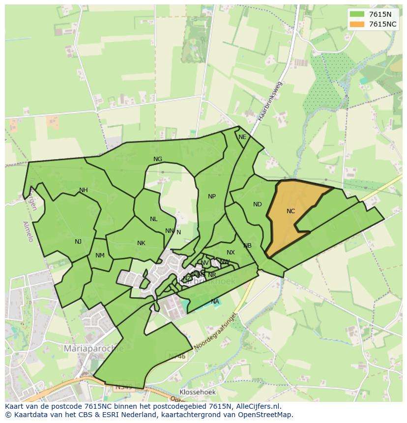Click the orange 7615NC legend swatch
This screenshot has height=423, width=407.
(357, 24)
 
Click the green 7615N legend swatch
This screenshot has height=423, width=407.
(357, 14)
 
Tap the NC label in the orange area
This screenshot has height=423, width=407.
(291, 211)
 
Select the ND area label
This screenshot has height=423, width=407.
(258, 204)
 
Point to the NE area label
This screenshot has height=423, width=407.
(242, 137)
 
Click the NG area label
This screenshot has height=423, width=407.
(158, 159)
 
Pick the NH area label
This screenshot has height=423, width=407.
(84, 190)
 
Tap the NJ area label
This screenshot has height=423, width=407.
(78, 241)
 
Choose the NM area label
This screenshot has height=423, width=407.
(100, 255)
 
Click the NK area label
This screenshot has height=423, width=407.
(141, 243)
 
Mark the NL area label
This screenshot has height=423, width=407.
(154, 219)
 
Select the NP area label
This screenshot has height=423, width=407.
(212, 197)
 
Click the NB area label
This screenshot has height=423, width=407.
(247, 246)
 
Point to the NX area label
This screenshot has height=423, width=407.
(231, 253)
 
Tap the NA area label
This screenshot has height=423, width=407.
(215, 301)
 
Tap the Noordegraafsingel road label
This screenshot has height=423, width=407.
(215, 333)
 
